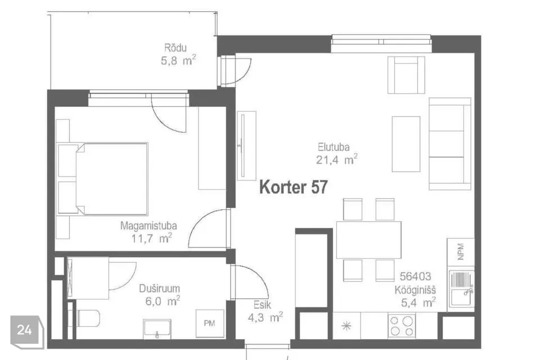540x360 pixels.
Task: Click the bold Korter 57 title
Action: pyautogui.click(x=294, y=187)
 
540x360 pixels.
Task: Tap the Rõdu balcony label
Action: pyautogui.click(x=175, y=48)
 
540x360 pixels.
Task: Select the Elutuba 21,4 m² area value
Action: pyautogui.click(x=336, y=160)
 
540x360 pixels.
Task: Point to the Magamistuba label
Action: pyautogui.click(x=148, y=226)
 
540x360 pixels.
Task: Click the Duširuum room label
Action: pyautogui.click(x=159, y=289)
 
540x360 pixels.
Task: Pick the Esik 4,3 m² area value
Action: pyautogui.click(x=265, y=317)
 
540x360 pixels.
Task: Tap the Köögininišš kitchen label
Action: pyautogui.click(x=415, y=290)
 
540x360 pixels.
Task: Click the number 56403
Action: pyautogui.click(x=415, y=276)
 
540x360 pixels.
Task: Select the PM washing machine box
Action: pyautogui.click(x=210, y=323)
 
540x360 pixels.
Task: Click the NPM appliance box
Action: pyautogui.click(x=461, y=252)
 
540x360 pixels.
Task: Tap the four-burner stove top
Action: pyautogui.click(x=402, y=326)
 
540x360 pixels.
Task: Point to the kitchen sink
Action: pyautogui.click(x=461, y=289)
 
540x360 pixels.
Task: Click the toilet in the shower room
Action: pyautogui.click(x=88, y=318)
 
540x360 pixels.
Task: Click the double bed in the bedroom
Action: pyautogui.click(x=103, y=179)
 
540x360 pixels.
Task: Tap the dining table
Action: pyautogui.click(x=369, y=240)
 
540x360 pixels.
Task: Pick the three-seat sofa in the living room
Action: pyautogui.click(x=450, y=143)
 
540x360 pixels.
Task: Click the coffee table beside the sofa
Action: pyautogui.click(x=406, y=143)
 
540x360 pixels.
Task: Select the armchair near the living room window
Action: pyautogui.click(x=406, y=75)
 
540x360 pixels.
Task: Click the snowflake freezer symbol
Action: pyautogui.click(x=346, y=326)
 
